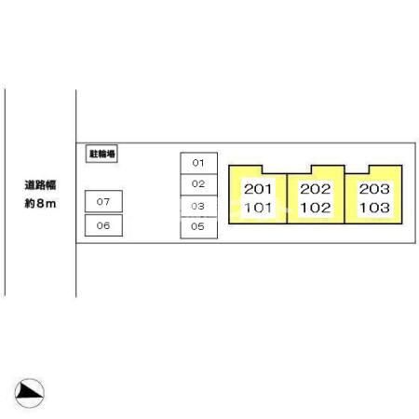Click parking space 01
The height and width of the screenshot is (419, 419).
click(x=198, y=163)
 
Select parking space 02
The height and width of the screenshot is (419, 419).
click(x=198, y=184)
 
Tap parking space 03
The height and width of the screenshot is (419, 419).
click(x=198, y=206)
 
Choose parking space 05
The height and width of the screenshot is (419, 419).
click(x=198, y=227)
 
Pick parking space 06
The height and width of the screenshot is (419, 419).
click(x=103, y=225)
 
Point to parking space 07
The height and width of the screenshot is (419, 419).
click(x=103, y=201)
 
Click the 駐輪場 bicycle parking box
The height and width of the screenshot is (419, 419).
click(x=101, y=154)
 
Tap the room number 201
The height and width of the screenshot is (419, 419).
click(x=258, y=189)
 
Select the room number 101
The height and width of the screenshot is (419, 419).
click(x=258, y=208)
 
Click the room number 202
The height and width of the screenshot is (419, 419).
click(x=316, y=189)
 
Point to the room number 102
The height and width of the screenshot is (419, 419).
click(x=316, y=208)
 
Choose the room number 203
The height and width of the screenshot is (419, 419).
click(x=374, y=189)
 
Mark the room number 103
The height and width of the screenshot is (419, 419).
click(x=374, y=208)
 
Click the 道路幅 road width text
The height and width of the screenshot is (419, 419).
click(x=40, y=185)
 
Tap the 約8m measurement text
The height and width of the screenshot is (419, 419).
click(x=40, y=204)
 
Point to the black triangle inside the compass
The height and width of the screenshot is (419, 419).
click(x=27, y=391)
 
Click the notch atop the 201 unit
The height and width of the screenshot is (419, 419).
click(x=274, y=169)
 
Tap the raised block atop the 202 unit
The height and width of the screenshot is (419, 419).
click(x=328, y=169)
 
